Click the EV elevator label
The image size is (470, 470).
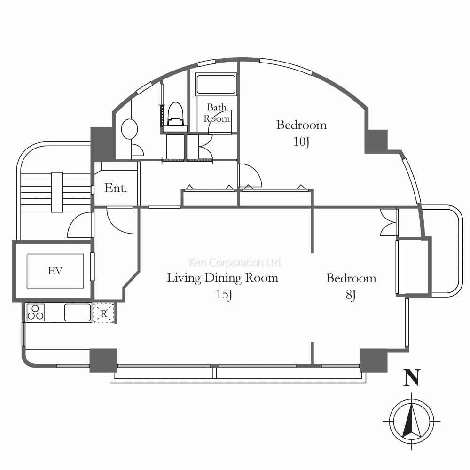tap(55, 271)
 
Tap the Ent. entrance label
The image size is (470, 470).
tap(116, 188)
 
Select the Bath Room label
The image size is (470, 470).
tap(217, 113)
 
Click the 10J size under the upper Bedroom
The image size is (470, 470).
tap(301, 141)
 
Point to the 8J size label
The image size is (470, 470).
tap(351, 295)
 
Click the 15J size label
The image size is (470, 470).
tap(224, 294)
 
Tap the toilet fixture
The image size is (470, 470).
tap(175, 115)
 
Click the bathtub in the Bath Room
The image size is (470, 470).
tap(216, 84)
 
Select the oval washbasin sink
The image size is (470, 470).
tap(130, 129)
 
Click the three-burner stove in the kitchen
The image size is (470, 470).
tap(35, 313)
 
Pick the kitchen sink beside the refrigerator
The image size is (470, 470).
tap(78, 313)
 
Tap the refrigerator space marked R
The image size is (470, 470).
tap(104, 313)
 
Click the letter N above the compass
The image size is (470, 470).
tap(412, 378)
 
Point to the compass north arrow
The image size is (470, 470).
tap(412, 420)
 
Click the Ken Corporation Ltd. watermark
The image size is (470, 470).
tap(235, 262)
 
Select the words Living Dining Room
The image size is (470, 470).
tap(222, 278)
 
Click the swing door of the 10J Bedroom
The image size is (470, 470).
tap(250, 176)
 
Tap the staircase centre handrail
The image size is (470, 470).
tap(57, 192)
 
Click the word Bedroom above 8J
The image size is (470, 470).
tap(351, 278)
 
